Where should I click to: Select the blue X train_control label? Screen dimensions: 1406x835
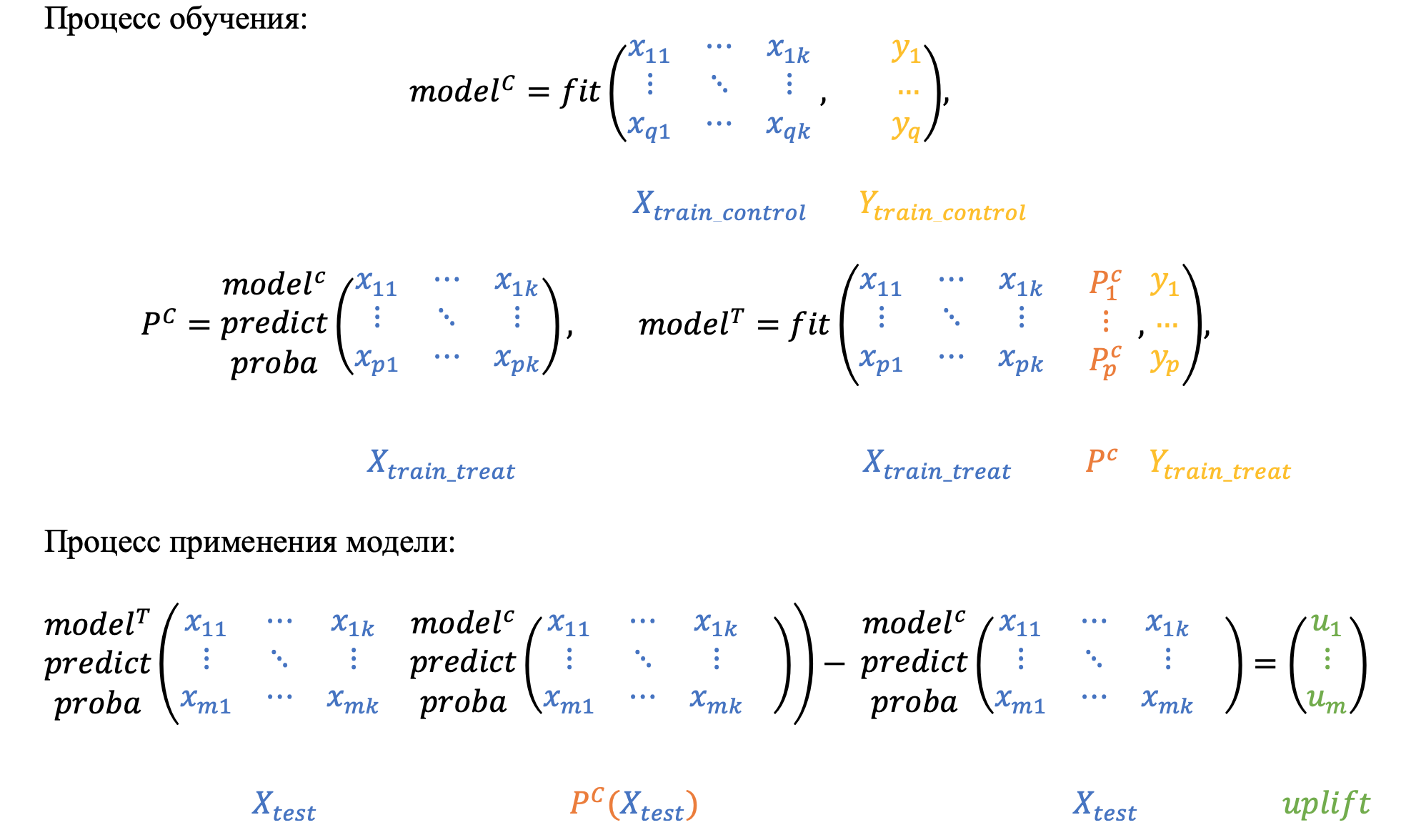click(719, 206)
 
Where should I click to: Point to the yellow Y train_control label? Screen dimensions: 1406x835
click(942, 206)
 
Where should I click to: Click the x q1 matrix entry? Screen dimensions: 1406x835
click(649, 127)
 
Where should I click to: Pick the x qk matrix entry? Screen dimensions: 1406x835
click(788, 127)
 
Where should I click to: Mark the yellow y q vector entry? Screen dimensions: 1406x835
click(905, 127)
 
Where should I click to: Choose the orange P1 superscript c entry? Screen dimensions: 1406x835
click(1105, 283)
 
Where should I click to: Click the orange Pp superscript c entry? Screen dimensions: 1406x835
click(1105, 361)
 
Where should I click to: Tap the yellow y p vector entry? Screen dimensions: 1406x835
click(1165, 361)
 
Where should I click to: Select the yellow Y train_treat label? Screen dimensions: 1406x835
click(1219, 465)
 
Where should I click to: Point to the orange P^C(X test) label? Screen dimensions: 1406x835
click(633, 805)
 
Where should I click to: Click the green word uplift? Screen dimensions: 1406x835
click(1326, 804)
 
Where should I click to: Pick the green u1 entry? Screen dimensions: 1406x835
click(1326, 625)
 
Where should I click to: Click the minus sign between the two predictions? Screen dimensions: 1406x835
click(834, 663)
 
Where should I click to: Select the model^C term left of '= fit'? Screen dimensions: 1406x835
click(462, 90)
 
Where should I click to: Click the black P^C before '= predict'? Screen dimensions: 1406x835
click(158, 323)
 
